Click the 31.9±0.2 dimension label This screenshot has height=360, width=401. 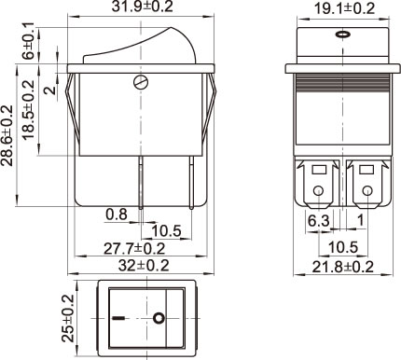pos(142,7)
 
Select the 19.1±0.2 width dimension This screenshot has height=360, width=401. pos(345,8)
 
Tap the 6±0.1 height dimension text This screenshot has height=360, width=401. pos(28,41)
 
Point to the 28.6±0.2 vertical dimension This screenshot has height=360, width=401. pos(7,135)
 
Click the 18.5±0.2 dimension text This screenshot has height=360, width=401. pos(29,110)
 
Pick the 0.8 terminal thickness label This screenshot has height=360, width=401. pos(117,215)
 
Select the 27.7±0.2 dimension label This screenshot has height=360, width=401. pos(134,249)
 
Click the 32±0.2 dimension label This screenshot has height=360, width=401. pos(144,266)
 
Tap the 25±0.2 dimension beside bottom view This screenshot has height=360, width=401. pos(68,318)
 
